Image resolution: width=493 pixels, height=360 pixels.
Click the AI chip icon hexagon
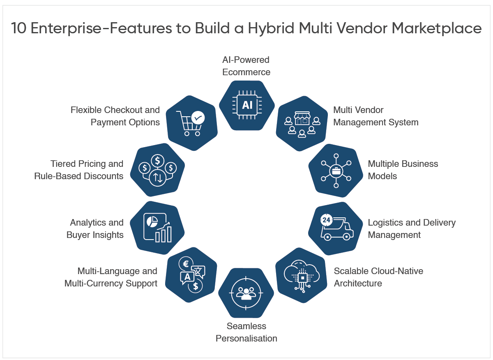[x=246, y=105]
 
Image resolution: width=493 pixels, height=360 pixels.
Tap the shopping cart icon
[x=190, y=122]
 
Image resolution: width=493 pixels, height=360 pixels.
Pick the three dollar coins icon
[x=158, y=169]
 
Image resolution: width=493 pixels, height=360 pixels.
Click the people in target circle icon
[x=246, y=293]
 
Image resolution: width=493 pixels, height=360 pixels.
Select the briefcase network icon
[x=336, y=170]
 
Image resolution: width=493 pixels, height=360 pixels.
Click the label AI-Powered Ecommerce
[x=246, y=66]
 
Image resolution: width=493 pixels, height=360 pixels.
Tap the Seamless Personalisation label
[x=246, y=332]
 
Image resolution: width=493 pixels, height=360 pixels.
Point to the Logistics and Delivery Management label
[x=412, y=228]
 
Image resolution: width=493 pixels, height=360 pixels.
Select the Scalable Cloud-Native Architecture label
[x=378, y=277]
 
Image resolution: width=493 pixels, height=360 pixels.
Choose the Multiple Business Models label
[x=403, y=170]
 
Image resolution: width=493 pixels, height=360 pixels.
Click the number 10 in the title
[x=19, y=29]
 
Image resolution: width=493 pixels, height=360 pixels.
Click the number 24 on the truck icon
[x=326, y=220]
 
